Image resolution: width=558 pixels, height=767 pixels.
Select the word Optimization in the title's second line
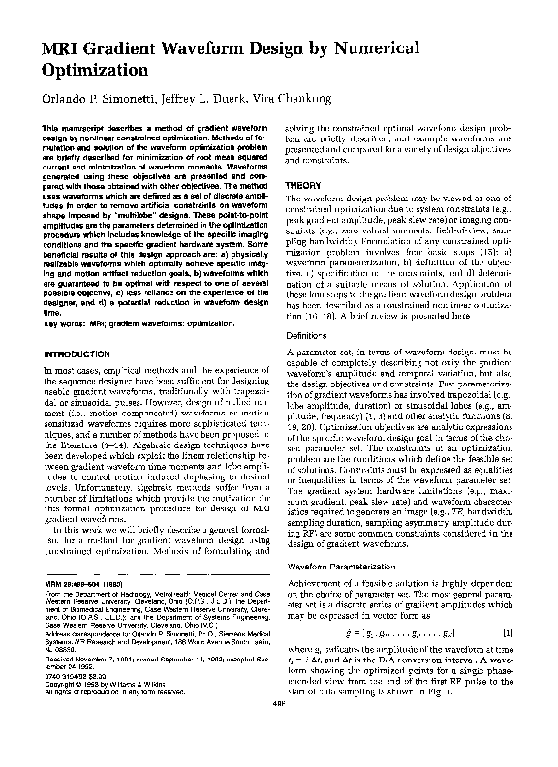(95, 71)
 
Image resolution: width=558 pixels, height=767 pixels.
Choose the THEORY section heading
(307, 185)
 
